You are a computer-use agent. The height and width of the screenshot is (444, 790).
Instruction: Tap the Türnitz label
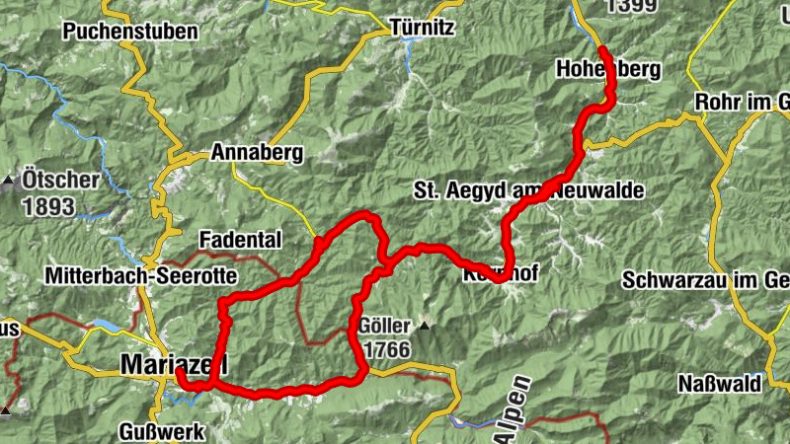(x=422, y=27)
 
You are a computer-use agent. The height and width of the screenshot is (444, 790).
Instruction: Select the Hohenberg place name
(x=607, y=70)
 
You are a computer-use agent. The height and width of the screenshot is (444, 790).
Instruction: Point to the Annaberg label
(x=257, y=154)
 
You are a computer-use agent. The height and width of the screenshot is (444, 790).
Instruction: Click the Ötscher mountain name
(x=62, y=181)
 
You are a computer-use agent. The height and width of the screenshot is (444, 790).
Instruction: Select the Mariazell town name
(x=174, y=364)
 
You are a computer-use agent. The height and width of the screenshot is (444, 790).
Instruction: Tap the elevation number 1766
(x=385, y=350)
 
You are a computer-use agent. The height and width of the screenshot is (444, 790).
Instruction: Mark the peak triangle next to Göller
(x=425, y=325)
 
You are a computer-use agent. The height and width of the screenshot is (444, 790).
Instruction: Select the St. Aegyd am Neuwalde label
(x=528, y=189)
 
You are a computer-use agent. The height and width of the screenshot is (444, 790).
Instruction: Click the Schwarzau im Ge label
(x=705, y=280)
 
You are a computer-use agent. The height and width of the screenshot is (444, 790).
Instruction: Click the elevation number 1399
(x=632, y=7)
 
